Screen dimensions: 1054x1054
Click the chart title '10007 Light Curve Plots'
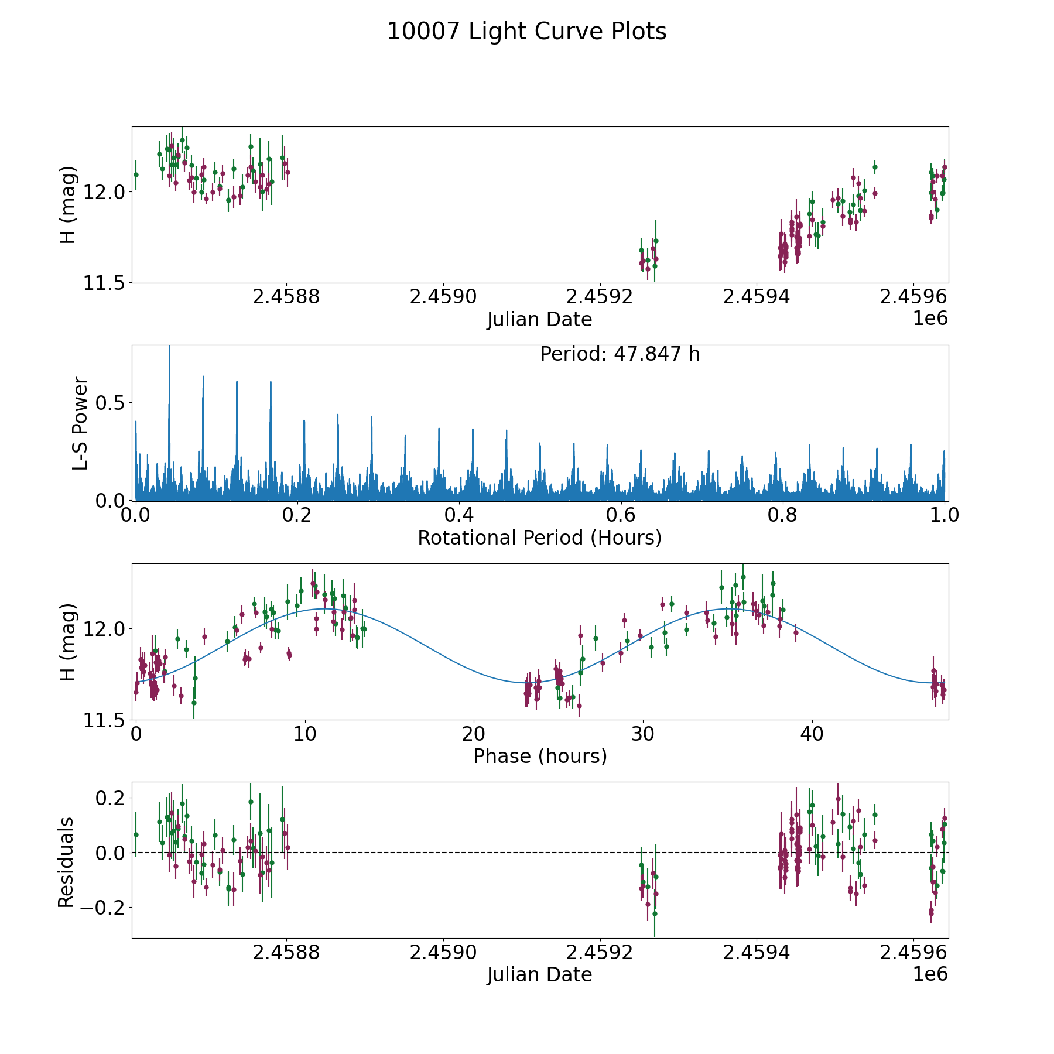click(x=526, y=32)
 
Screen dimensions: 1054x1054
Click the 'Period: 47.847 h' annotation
click(x=620, y=354)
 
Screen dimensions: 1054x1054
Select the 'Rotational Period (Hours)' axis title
click(x=539, y=538)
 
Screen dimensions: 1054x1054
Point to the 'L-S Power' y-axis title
click(x=80, y=423)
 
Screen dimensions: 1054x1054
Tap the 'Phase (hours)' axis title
click(x=540, y=756)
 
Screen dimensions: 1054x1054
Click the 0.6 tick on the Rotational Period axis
click(x=621, y=515)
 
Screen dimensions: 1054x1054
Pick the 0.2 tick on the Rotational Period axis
click(x=297, y=515)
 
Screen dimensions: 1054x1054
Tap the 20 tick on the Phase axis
click(x=473, y=734)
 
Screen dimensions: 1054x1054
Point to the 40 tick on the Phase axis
click(x=812, y=734)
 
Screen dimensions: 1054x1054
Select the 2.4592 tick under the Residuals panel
click(x=600, y=952)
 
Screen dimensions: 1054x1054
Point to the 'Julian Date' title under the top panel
click(x=539, y=320)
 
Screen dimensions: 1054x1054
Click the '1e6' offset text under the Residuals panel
click(x=930, y=974)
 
